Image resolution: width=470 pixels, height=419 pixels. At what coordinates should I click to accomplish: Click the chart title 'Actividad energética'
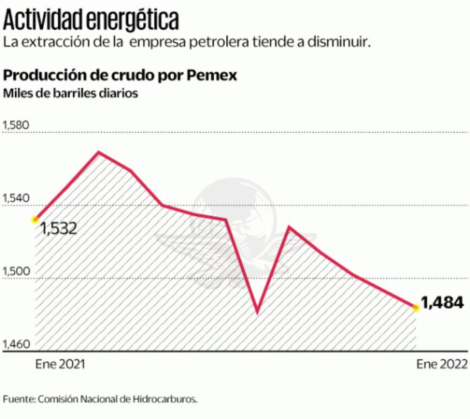(91, 18)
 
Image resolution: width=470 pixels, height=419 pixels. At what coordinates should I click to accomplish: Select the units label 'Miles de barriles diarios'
(71, 94)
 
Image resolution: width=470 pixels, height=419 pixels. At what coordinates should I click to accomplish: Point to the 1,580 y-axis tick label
(18, 126)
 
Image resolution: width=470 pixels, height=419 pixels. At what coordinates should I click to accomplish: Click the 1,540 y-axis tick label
(18, 199)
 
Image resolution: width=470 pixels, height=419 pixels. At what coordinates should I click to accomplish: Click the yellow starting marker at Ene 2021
(34, 220)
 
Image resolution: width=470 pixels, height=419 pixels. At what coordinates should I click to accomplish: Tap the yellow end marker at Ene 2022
(415, 308)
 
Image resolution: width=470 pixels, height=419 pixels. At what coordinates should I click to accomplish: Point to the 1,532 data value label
(58, 229)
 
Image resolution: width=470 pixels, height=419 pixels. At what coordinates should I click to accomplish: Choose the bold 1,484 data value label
(443, 301)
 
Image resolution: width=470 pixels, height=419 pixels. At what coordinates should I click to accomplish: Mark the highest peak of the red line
(99, 152)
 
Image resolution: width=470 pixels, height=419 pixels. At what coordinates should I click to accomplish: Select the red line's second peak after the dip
(289, 226)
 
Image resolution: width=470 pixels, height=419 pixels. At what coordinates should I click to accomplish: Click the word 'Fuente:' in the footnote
(20, 399)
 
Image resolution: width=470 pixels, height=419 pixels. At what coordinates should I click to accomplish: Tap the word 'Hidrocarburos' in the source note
(167, 399)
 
